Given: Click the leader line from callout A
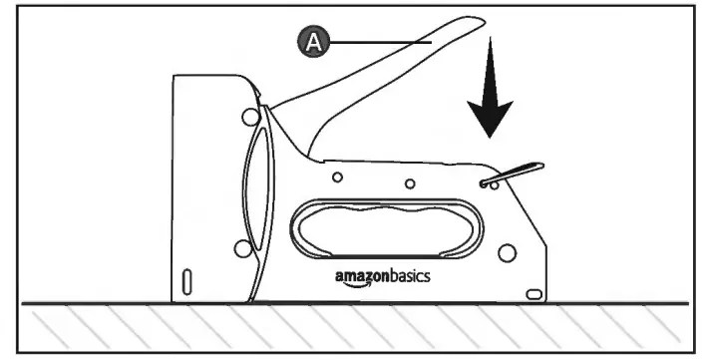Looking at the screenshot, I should pyautogui.click(x=379, y=42).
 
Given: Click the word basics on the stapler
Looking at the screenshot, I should pyautogui.click(x=410, y=275).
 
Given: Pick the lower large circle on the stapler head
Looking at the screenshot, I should pyautogui.click(x=238, y=247).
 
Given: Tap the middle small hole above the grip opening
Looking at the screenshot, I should pyautogui.click(x=409, y=184).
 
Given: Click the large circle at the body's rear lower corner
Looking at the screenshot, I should pyautogui.click(x=507, y=253).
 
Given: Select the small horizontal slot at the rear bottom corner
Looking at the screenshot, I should pyautogui.click(x=534, y=293).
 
